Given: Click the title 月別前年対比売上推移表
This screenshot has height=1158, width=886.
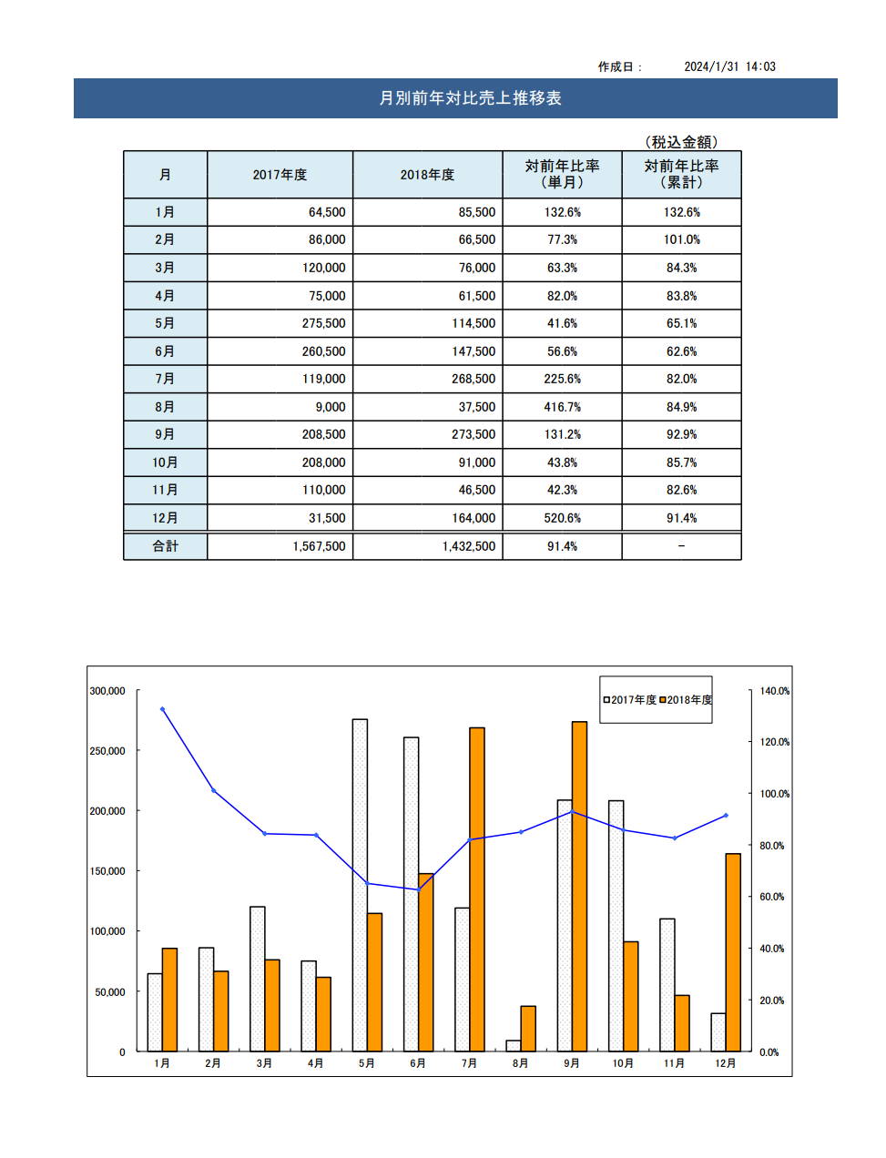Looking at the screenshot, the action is click(x=470, y=98).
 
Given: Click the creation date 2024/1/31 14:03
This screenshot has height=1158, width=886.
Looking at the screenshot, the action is click(x=729, y=66).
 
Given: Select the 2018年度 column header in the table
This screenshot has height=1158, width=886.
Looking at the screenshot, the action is click(x=427, y=175).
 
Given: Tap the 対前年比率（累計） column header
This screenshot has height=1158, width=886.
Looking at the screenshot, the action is click(x=681, y=174).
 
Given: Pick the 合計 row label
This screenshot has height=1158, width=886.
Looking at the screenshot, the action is click(x=165, y=546).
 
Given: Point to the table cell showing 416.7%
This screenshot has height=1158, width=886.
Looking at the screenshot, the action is click(x=562, y=407).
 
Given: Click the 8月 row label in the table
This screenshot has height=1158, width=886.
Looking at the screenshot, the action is click(x=165, y=407).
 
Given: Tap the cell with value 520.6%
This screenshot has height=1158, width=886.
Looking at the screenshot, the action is click(x=562, y=518).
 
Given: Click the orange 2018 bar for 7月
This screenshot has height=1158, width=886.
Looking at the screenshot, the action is click(x=476, y=889).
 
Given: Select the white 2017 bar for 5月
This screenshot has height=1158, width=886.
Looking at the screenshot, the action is click(x=360, y=885).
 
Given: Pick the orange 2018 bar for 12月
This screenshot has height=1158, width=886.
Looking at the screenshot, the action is click(x=733, y=953).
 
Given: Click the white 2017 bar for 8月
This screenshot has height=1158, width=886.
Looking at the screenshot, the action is click(x=514, y=1046).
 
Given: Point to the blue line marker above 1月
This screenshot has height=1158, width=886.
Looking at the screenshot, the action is click(x=162, y=709).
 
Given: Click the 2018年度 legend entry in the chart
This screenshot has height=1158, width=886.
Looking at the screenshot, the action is click(x=686, y=699).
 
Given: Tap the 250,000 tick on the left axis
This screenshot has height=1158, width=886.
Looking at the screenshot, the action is click(x=107, y=751).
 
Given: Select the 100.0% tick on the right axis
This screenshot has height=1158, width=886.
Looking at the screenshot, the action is click(x=775, y=794).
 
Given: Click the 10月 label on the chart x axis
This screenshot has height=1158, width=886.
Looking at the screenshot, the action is click(x=623, y=1063).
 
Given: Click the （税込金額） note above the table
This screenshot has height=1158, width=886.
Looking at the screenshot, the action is click(x=681, y=142).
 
